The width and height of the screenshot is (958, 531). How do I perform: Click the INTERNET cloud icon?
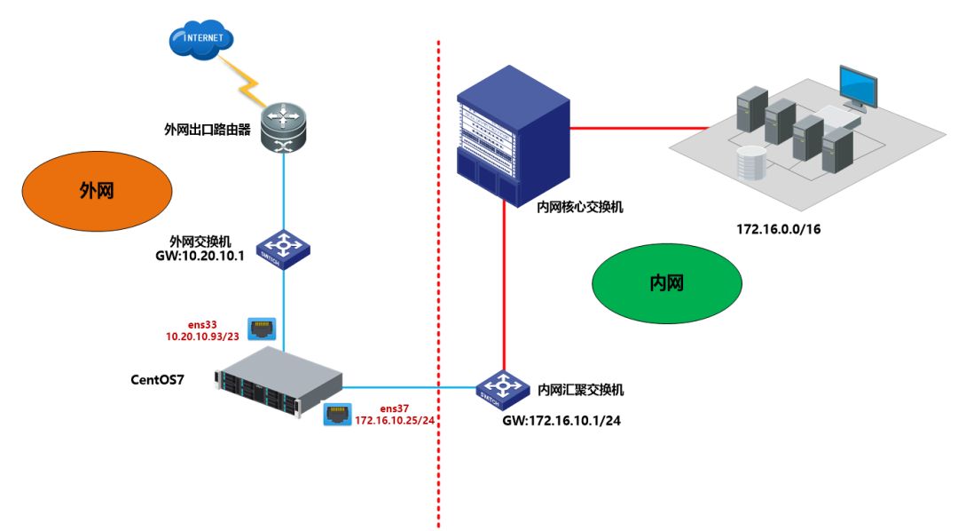pos(202,39)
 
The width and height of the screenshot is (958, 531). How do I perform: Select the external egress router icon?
pos(283,128)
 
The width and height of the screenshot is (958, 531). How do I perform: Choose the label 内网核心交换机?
pos(580,206)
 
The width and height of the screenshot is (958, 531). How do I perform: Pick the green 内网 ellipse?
pos(667,282)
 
